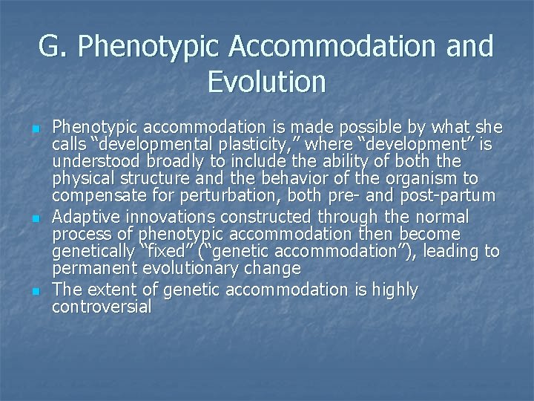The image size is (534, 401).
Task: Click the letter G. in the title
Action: point(53,47)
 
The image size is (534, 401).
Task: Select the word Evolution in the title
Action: point(266,82)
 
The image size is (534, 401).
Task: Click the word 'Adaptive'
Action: point(85,216)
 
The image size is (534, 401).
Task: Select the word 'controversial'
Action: point(102,306)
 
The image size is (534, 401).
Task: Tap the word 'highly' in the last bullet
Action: point(392,289)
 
